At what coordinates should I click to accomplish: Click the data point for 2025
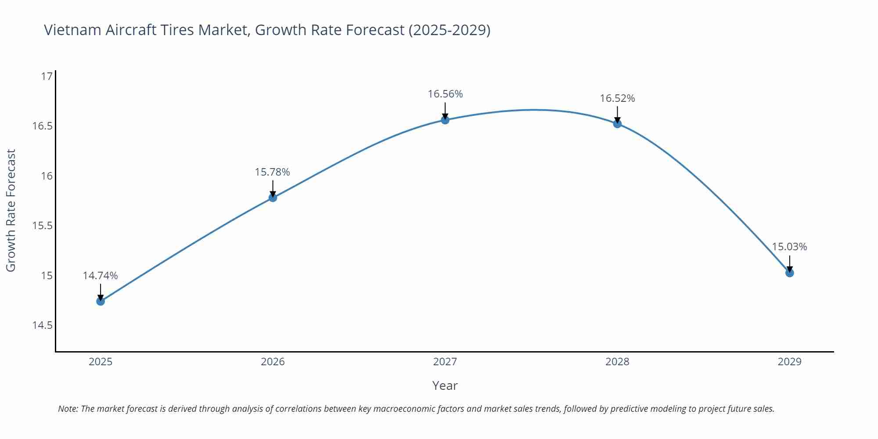pos(101,301)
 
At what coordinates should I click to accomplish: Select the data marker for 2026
pos(273,198)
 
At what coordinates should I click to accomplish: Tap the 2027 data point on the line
pos(445,120)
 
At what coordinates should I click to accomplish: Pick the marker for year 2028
pos(617,124)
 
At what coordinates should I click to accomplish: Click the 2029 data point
pos(789,273)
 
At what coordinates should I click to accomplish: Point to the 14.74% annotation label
pos(100,276)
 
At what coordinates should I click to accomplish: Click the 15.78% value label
pos(272,172)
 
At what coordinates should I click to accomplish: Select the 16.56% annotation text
pos(445,94)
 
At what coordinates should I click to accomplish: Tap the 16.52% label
pos(617,98)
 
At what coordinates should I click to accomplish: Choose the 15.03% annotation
pos(789,247)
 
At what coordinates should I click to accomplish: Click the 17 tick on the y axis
pos(47,76)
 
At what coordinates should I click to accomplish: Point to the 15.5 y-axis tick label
pos(42,226)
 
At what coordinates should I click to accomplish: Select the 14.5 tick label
pos(42,325)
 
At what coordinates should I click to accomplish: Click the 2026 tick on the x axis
pos(273,362)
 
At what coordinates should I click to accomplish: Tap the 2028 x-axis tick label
pos(617,362)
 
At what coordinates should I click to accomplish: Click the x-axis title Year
pos(445,385)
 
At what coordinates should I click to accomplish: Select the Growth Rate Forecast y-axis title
pos(11,210)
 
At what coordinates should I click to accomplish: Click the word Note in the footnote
pos(68,409)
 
